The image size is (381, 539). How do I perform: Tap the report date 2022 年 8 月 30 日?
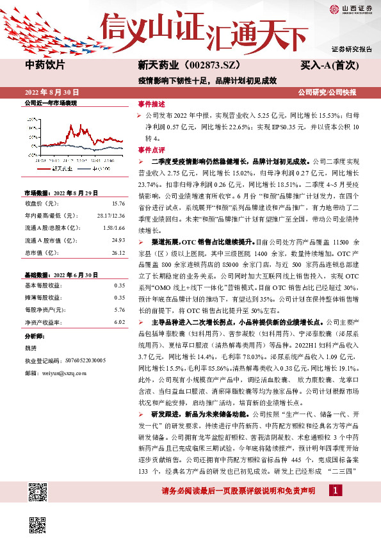[53, 92]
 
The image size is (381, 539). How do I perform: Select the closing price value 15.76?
[118, 204]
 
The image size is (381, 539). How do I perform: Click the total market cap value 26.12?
[118, 253]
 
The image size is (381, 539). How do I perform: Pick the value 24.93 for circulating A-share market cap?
[118, 240]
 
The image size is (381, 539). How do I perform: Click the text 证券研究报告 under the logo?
[351, 49]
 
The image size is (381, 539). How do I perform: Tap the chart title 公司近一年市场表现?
[50, 102]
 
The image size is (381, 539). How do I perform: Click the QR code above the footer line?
[36, 491]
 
